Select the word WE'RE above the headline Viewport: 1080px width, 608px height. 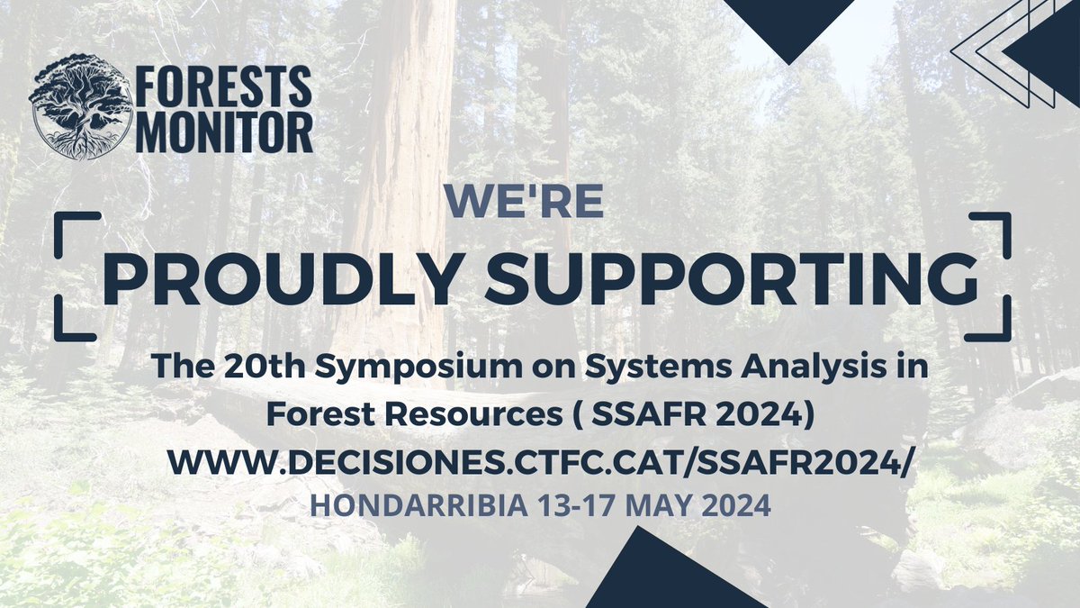coord(539,203)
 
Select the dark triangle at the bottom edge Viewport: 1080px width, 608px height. coord(661,576)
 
